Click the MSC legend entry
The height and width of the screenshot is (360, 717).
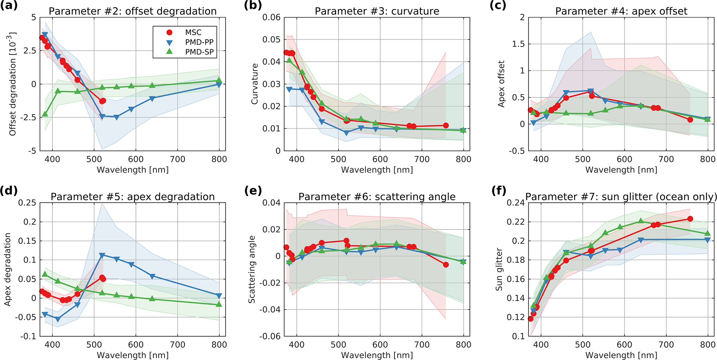click(x=193, y=32)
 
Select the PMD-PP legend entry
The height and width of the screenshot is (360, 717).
click(x=199, y=42)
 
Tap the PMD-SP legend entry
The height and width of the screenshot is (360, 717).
click(x=199, y=52)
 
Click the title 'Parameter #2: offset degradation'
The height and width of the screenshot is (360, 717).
click(x=133, y=11)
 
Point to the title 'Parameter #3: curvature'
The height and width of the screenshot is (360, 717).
click(x=377, y=11)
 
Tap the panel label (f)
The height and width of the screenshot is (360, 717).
click(x=499, y=190)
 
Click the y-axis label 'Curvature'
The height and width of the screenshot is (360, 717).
click(x=255, y=84)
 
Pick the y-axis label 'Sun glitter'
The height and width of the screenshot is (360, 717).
click(x=499, y=269)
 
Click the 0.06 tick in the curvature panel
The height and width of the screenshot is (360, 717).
click(x=271, y=17)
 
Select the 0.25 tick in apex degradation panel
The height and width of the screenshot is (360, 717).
click(x=27, y=203)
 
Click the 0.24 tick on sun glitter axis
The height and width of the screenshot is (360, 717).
click(x=516, y=203)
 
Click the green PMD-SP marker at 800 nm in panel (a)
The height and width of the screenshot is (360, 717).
click(x=219, y=81)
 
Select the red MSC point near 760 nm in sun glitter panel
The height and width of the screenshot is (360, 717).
click(x=690, y=219)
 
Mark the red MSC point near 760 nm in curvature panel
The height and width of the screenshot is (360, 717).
click(x=446, y=126)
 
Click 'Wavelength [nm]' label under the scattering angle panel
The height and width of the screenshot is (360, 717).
click(x=377, y=355)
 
